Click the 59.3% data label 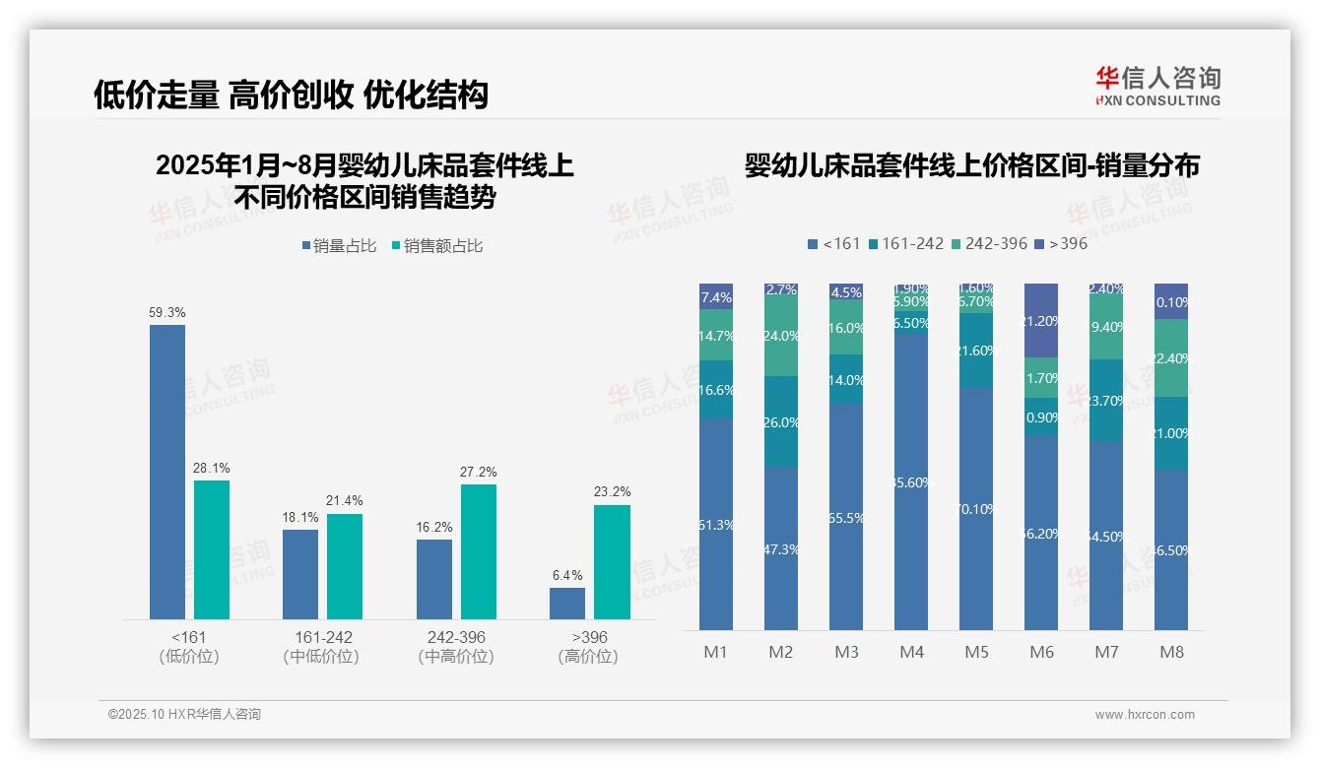pos(167,312)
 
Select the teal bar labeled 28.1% pos(212,549)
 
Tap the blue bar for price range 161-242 pos(300,574)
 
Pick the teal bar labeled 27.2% pos(479,551)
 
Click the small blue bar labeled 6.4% pos(567,604)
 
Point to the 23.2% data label pos(613,491)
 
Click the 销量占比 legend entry pos(340,246)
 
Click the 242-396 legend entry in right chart pos(989,243)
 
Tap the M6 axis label pos(1041,652)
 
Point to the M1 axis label pos(716,652)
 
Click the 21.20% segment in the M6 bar pos(1041,320)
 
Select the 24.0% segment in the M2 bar pos(781,336)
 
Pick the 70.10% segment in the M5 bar pos(976,508)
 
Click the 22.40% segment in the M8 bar pos(1171,358)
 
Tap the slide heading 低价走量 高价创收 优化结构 pos(291,95)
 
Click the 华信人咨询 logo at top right pos(1157,86)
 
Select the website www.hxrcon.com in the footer pos(1145,715)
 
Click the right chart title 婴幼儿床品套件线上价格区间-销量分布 pos(971,166)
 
